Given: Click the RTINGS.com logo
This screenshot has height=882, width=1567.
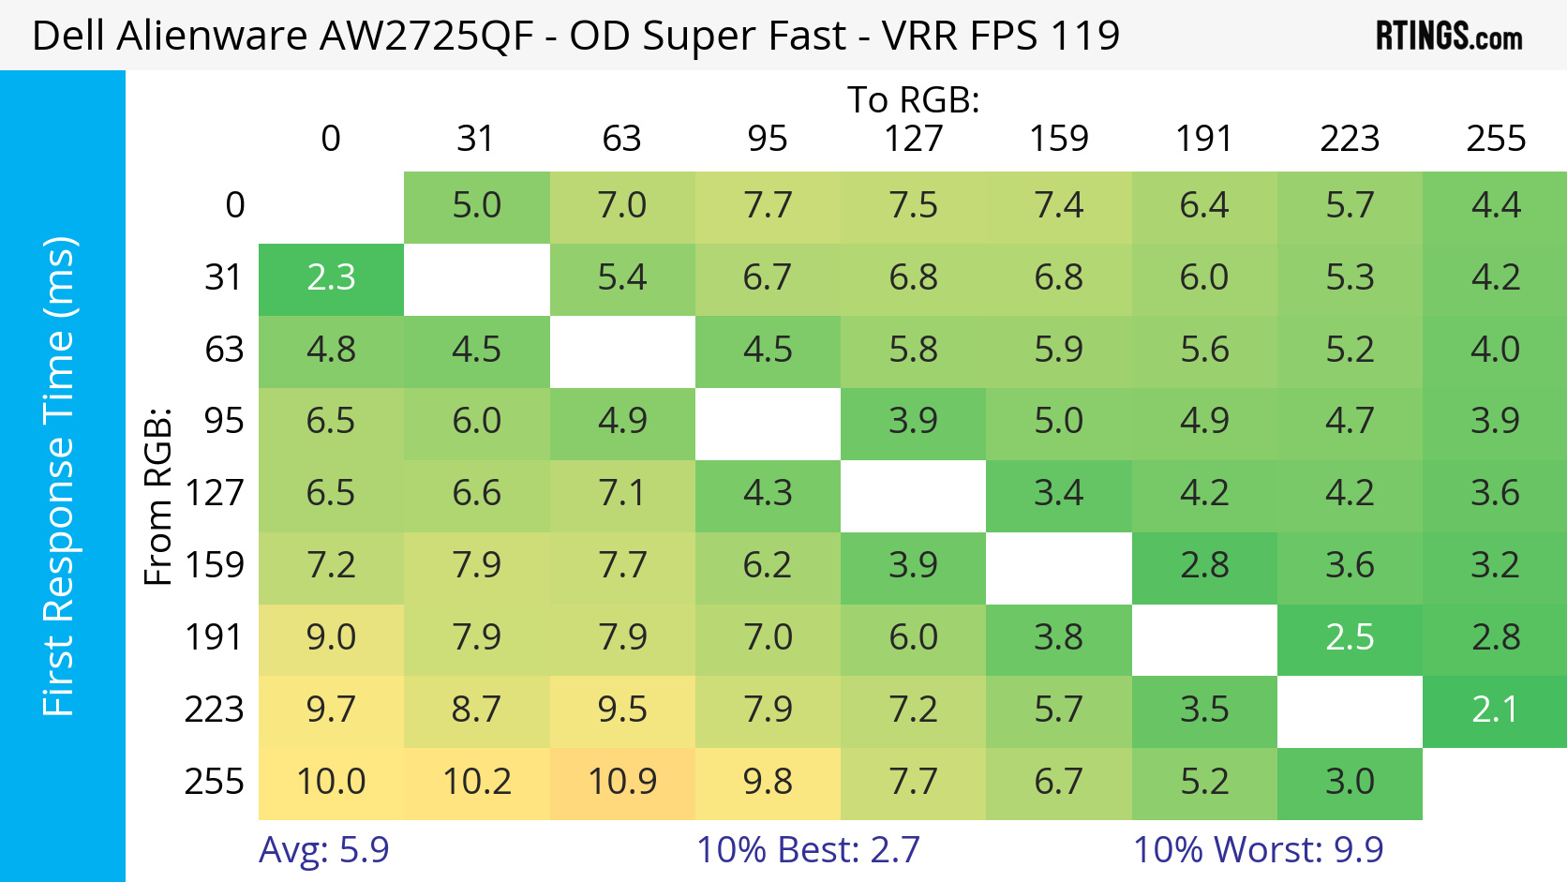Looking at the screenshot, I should (x=1448, y=37).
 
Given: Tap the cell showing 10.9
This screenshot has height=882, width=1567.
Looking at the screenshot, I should (x=622, y=782).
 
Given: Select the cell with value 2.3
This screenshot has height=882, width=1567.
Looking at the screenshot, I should (x=331, y=278).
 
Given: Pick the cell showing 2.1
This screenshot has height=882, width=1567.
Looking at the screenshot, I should (x=1495, y=710).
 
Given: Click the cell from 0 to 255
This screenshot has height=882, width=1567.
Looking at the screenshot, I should (x=1495, y=206).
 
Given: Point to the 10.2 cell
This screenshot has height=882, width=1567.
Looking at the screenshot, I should (x=477, y=782).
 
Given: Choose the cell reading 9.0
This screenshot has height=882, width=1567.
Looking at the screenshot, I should (x=331, y=638).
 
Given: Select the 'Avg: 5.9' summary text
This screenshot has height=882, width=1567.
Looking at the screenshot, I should (x=324, y=849).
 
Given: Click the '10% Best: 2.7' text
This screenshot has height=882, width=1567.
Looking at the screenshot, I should (x=808, y=849).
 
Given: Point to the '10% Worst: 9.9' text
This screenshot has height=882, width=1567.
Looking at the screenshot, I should (x=1258, y=849).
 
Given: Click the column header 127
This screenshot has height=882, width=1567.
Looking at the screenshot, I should (x=913, y=139).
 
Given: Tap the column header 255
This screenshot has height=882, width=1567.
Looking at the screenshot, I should (x=1495, y=139).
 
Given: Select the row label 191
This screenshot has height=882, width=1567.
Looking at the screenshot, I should (x=214, y=638).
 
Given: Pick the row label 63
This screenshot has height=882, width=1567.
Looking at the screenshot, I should (x=224, y=351).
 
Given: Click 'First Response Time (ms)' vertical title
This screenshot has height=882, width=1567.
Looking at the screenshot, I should (x=58, y=476).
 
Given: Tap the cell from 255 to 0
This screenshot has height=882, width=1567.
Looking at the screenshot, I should (x=331, y=782).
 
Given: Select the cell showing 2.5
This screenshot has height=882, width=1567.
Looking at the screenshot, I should (x=1350, y=638).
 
